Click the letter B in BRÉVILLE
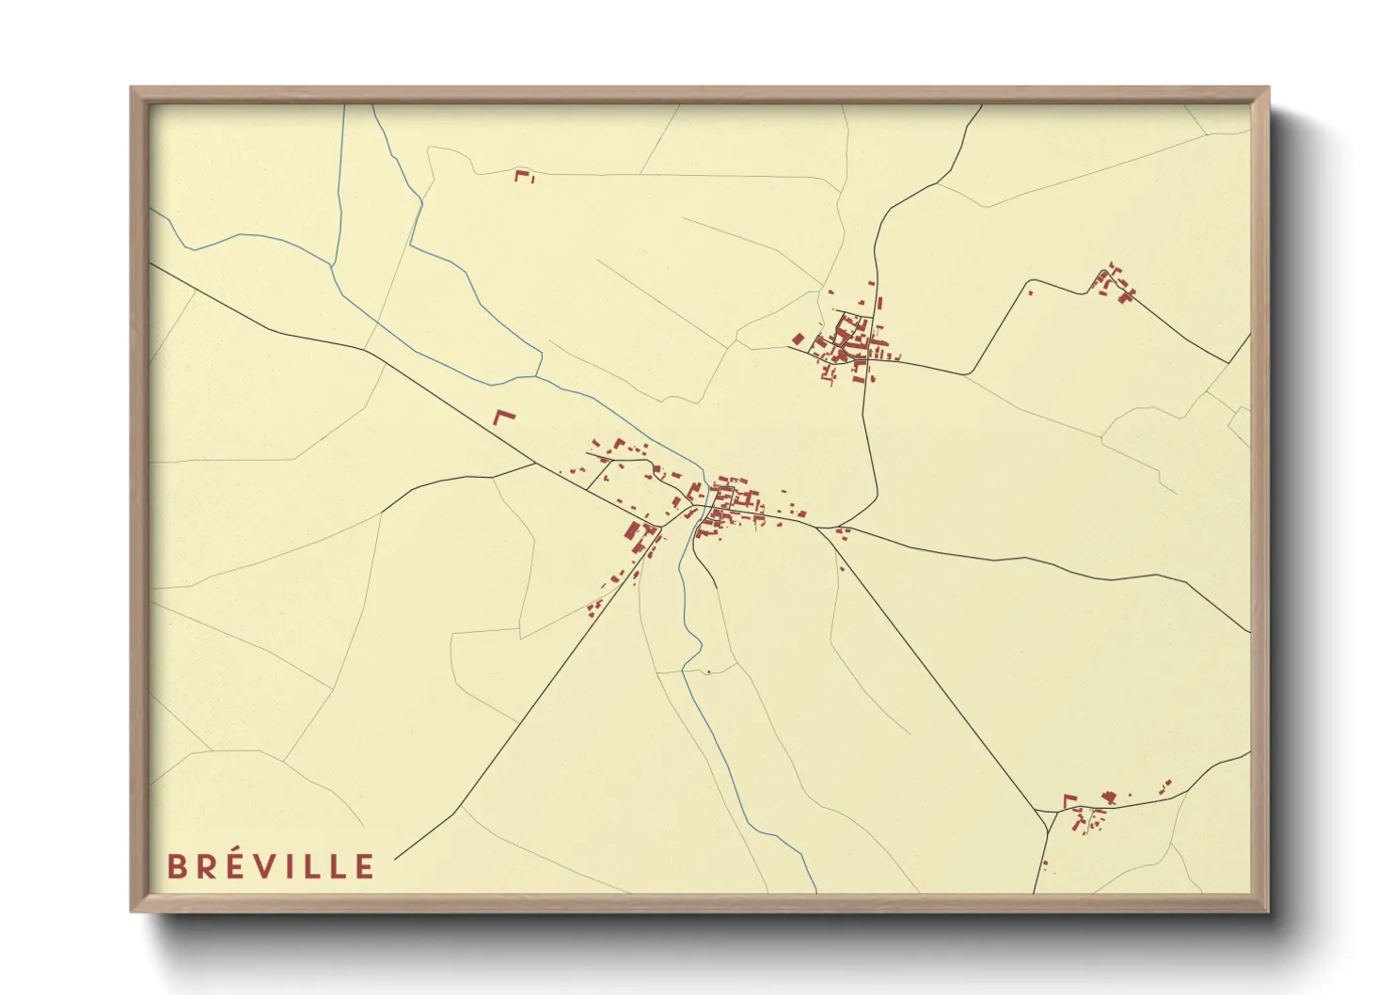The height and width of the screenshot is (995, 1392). pyautogui.click(x=177, y=866)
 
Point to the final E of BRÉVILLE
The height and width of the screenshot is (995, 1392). pyautogui.click(x=365, y=866)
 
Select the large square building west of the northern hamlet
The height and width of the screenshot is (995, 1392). pyautogui.click(x=798, y=339)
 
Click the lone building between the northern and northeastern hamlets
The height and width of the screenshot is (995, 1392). pyautogui.click(x=1030, y=293)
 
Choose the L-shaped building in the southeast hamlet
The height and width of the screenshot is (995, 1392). pyautogui.click(x=1069, y=799)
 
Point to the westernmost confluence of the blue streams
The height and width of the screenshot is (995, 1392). pyautogui.click(x=334, y=266)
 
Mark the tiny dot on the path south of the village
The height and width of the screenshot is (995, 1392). pyautogui.click(x=708, y=672)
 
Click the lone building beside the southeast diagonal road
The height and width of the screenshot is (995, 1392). pyautogui.click(x=841, y=567)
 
